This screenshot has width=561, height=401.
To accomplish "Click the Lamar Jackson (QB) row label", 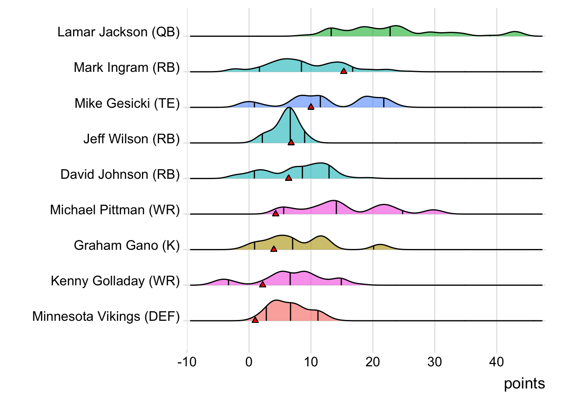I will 119,32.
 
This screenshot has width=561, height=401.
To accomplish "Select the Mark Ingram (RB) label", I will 126,68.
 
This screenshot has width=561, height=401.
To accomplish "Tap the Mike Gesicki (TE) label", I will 127,103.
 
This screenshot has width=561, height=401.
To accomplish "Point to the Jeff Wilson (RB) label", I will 131,139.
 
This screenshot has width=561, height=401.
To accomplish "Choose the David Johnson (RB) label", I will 120,174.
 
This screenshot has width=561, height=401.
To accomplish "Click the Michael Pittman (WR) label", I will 115,210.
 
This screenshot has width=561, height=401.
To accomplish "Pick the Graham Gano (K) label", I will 126,245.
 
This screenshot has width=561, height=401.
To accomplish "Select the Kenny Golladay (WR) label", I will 115,281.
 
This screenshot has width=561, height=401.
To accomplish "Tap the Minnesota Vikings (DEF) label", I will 106,317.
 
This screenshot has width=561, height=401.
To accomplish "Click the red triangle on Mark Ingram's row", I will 344,71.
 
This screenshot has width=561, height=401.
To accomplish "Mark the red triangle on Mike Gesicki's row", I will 311,107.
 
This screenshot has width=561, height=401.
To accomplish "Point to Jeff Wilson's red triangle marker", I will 291,142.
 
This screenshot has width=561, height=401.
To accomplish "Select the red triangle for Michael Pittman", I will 275,213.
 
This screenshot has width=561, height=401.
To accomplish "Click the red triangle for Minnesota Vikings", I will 255,320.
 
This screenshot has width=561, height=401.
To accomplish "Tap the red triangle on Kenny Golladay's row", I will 263,284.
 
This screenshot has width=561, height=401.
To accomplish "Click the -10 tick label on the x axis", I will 187,362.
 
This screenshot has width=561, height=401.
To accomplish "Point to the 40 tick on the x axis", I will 497,362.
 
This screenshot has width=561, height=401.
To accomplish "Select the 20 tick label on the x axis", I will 373,362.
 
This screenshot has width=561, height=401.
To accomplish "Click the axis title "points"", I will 524,383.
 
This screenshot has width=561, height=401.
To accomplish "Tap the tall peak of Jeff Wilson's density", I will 290,109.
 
